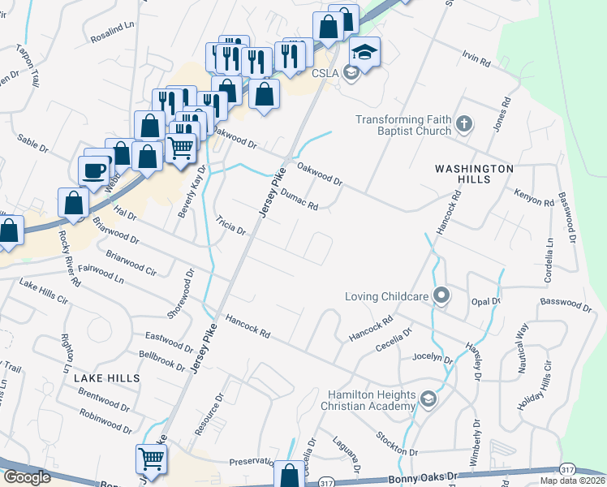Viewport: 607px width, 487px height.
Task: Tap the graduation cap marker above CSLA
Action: pyautogui.click(x=365, y=52)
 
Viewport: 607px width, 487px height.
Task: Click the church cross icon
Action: pyautogui.click(x=463, y=124)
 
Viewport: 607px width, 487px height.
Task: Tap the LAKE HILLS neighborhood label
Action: pyautogui.click(x=106, y=378)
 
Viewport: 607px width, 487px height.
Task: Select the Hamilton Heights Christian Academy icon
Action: pyautogui.click(x=429, y=399)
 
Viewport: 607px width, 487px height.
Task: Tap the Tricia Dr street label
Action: pyautogui.click(x=230, y=225)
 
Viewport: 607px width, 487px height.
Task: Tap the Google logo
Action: pyautogui.click(x=27, y=477)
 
